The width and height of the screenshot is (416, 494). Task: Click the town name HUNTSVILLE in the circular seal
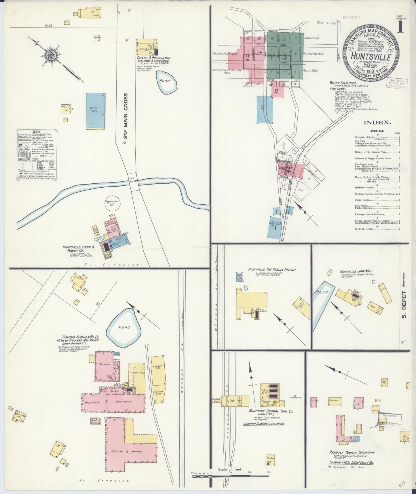371,56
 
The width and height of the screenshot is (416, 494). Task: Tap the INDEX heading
377,122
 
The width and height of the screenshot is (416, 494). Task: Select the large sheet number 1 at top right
400,27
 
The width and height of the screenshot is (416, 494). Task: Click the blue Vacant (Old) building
96,111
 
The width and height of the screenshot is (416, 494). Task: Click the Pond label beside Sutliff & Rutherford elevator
165,80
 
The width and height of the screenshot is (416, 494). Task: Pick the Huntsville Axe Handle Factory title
272,269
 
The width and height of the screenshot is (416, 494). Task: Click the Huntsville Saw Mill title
356,271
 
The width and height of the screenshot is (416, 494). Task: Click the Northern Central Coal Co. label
271,411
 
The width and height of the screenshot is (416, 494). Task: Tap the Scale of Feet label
230,469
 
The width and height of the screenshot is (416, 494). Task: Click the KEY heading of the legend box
37,132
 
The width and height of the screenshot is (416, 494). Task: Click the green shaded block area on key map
285,56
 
